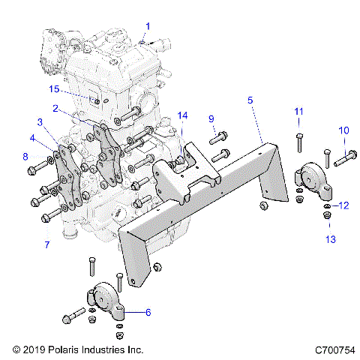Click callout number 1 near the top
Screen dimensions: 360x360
[x=148, y=25]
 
